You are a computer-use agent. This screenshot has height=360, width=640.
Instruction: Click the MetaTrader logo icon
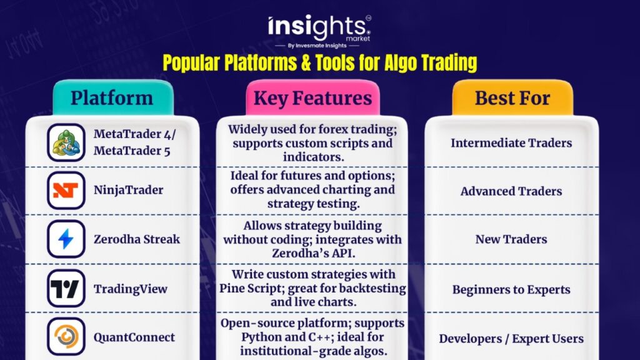[66, 142]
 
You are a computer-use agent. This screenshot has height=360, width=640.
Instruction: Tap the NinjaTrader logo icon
[66, 190]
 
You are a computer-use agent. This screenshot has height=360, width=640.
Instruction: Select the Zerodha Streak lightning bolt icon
[66, 239]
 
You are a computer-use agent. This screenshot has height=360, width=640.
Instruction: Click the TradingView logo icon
[66, 288]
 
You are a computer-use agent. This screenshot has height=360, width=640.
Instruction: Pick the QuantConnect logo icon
[66, 336]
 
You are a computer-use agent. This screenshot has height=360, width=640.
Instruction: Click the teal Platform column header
[113, 98]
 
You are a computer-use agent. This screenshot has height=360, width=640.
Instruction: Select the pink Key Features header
[312, 98]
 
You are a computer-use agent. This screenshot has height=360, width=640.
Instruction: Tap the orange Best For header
[512, 98]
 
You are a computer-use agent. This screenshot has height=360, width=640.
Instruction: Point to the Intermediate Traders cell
[511, 143]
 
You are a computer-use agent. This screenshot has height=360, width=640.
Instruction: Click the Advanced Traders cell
[511, 191]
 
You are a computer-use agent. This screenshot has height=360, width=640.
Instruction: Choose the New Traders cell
[511, 239]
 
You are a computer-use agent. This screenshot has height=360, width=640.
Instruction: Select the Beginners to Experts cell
[511, 289]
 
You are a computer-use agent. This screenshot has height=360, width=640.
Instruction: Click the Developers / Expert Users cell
[511, 339]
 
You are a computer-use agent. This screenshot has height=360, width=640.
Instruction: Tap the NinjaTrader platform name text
[129, 190]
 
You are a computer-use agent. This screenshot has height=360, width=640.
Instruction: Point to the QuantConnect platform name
[134, 337]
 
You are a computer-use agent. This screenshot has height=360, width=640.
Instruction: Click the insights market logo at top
[319, 31]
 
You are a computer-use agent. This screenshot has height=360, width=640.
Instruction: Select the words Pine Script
[252, 288]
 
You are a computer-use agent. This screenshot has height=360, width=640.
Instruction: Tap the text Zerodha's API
[314, 254]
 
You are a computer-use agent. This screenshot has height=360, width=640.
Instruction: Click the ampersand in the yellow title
[305, 63]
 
